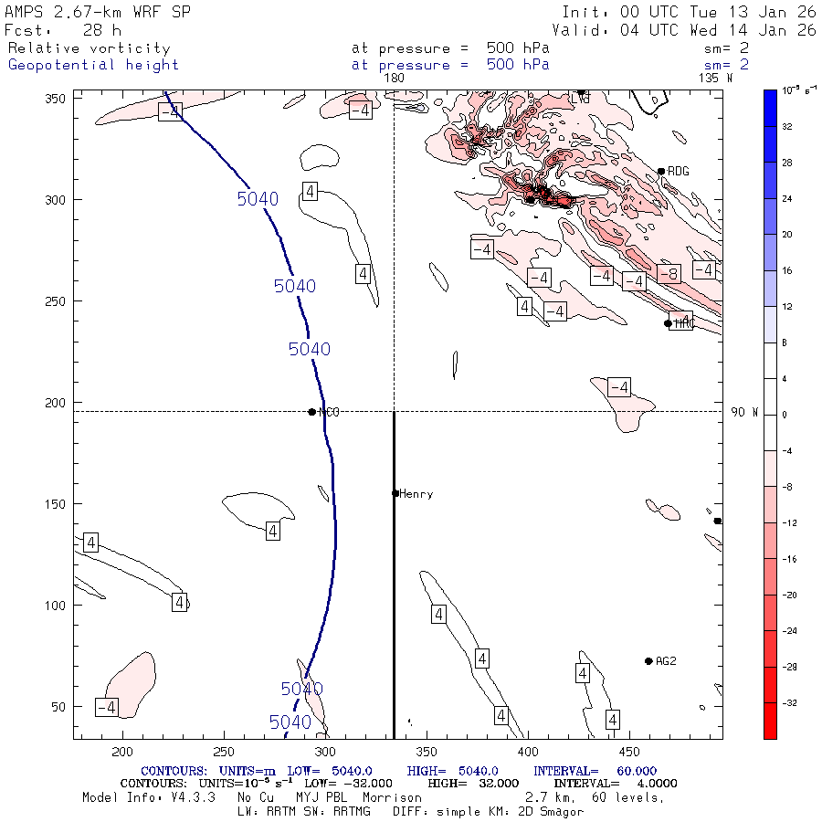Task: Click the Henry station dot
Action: [x=395, y=493]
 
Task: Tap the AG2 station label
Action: [x=666, y=661]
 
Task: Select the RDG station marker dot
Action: [x=661, y=171]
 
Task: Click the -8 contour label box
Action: [x=669, y=274]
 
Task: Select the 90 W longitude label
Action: [x=744, y=413]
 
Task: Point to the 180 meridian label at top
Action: [x=394, y=79]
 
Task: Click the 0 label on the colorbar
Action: [x=787, y=415]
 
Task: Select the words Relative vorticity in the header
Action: [x=89, y=48]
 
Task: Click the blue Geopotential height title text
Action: [x=93, y=65]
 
